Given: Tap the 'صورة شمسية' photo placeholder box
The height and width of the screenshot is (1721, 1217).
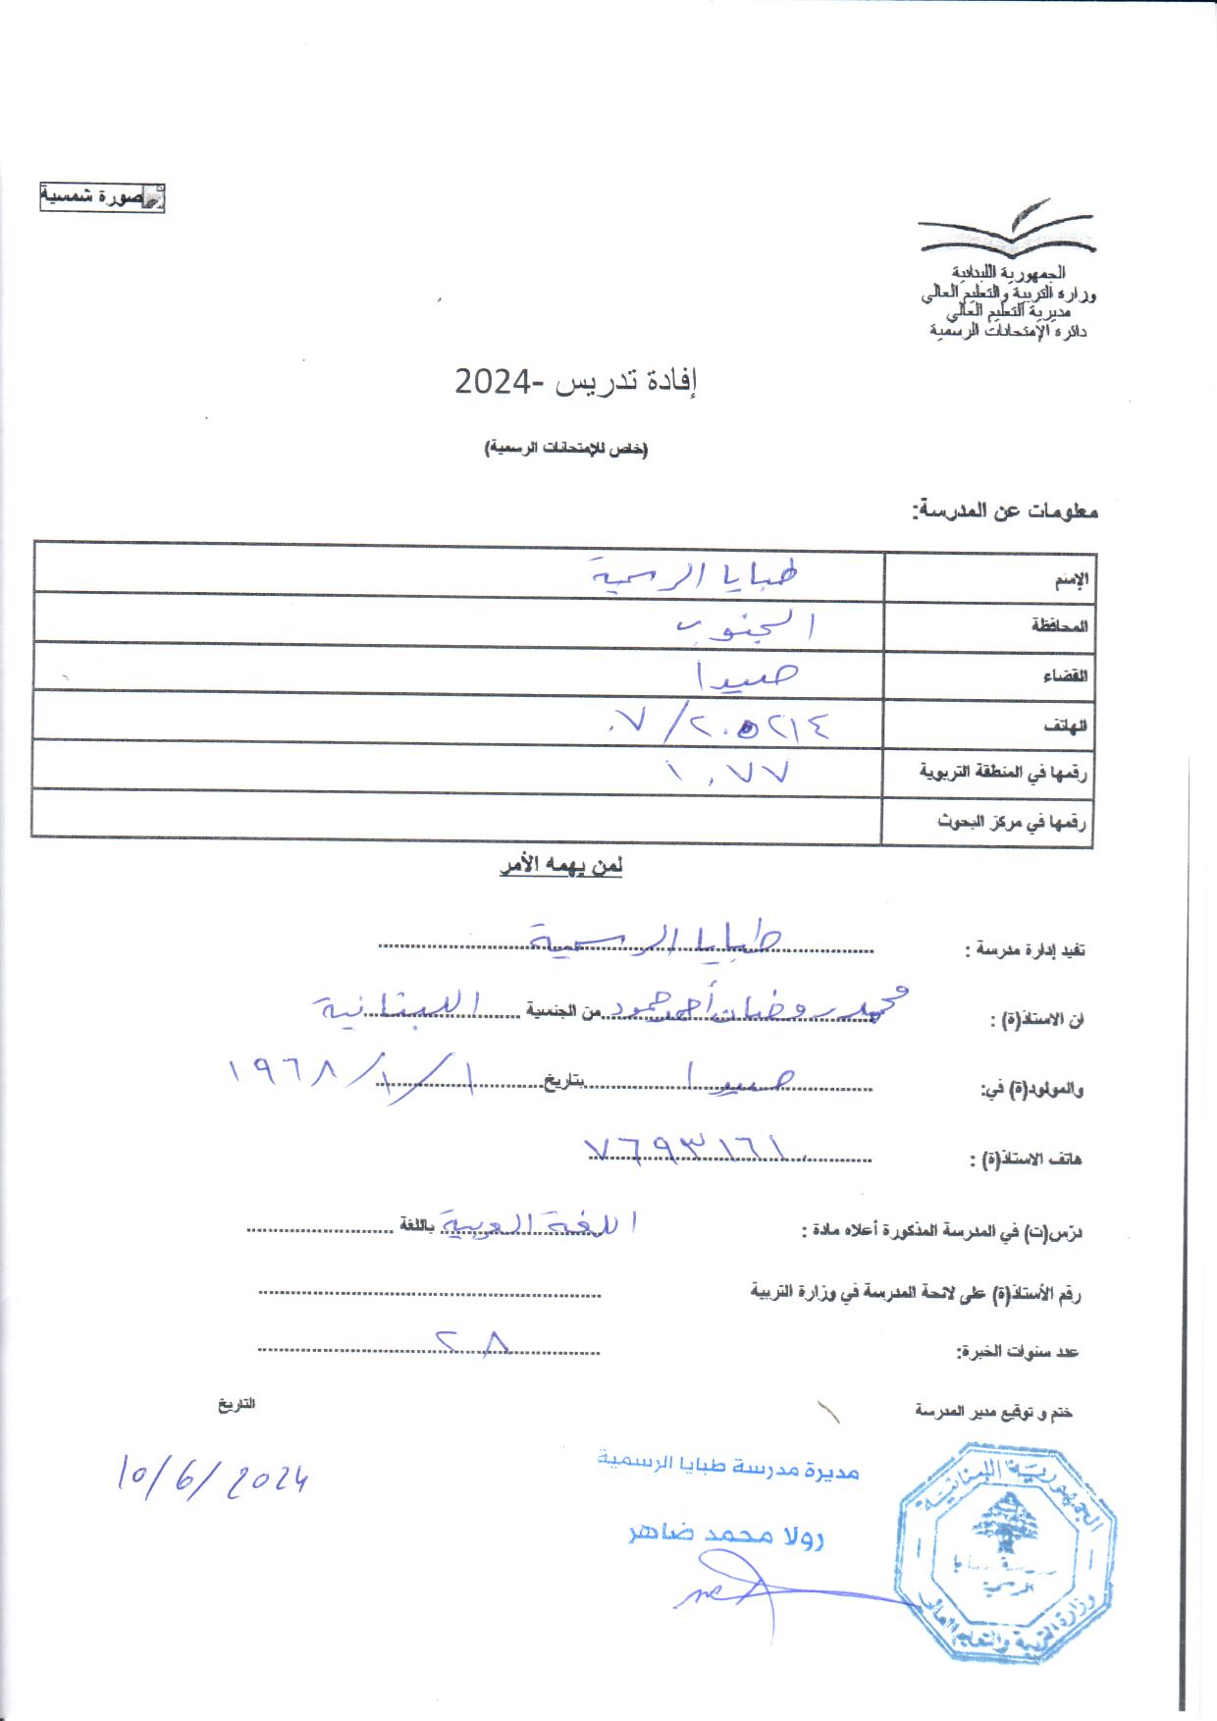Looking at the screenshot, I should pyautogui.click(x=101, y=197).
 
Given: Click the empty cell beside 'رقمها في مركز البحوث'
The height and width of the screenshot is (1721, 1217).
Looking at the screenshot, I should pyautogui.click(x=457, y=822).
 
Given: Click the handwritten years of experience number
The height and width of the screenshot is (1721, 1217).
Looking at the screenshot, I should pyautogui.click(x=473, y=1340).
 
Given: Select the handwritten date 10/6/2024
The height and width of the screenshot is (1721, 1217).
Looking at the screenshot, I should pyautogui.click(x=212, y=1476).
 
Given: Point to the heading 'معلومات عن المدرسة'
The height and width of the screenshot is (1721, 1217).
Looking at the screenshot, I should pyautogui.click(x=1005, y=511).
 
